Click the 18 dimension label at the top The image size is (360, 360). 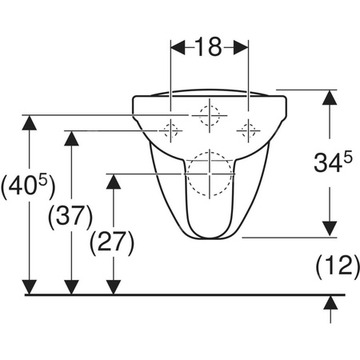pyautogui.click(x=209, y=47)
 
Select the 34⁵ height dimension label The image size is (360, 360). pyautogui.click(x=333, y=162)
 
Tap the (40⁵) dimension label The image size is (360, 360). pyautogui.click(x=28, y=186)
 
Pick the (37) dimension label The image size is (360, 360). pyautogui.click(x=70, y=218)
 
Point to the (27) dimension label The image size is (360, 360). pyautogui.click(x=112, y=242)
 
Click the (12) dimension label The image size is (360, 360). pyautogui.click(x=338, y=266)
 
